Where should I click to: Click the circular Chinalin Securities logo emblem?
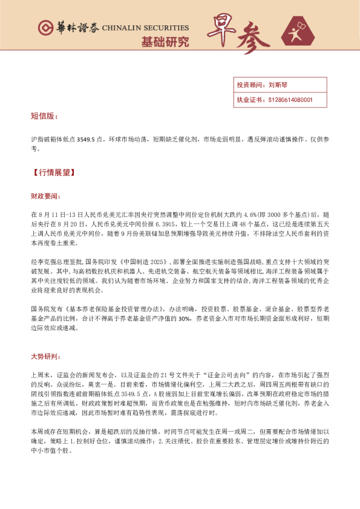[45, 28]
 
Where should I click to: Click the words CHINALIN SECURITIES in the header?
[145, 28]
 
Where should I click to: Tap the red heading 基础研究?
[165, 42]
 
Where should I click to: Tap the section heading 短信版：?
[44, 115]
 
